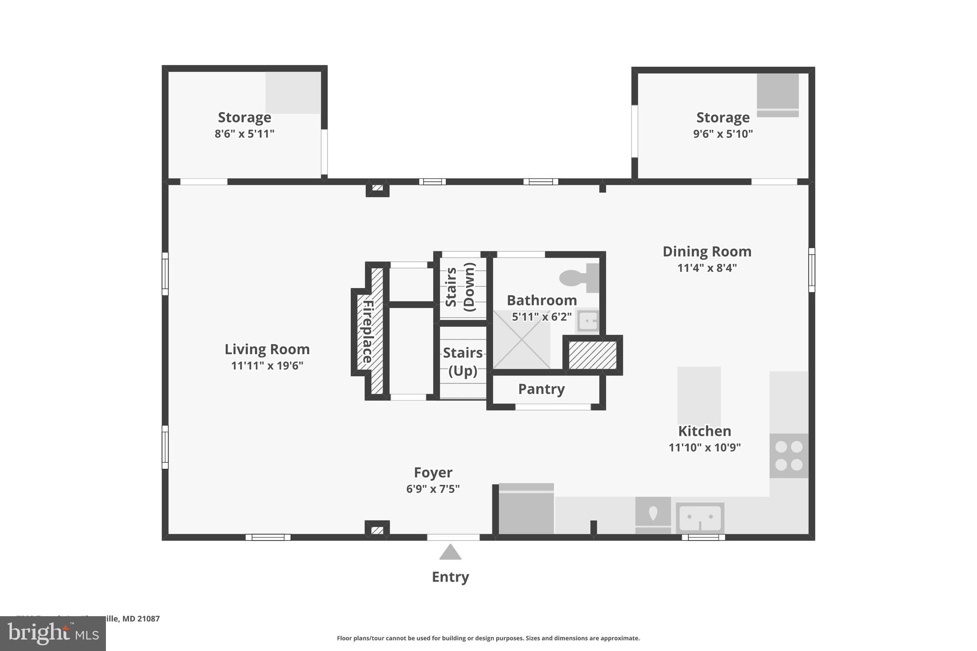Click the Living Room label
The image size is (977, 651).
point(267,349)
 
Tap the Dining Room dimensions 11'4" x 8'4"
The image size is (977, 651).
point(707,268)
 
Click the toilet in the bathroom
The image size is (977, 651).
point(579,278)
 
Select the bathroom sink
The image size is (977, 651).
point(587,320)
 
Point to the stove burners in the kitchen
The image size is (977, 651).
point(789,455)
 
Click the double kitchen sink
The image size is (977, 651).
point(700,518)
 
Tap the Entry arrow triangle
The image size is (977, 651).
point(450,553)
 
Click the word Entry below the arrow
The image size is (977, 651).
point(450,577)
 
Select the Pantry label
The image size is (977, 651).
point(541,389)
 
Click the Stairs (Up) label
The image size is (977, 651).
point(462,362)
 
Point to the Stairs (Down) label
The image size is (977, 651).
point(460,287)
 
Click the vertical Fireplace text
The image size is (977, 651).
point(367,331)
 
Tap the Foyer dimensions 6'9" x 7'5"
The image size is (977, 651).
point(433,489)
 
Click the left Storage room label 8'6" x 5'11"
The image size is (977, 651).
point(244,118)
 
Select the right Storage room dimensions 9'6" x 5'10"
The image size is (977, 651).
point(723,134)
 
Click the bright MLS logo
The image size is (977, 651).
point(53,634)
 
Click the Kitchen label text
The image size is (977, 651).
point(705,431)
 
